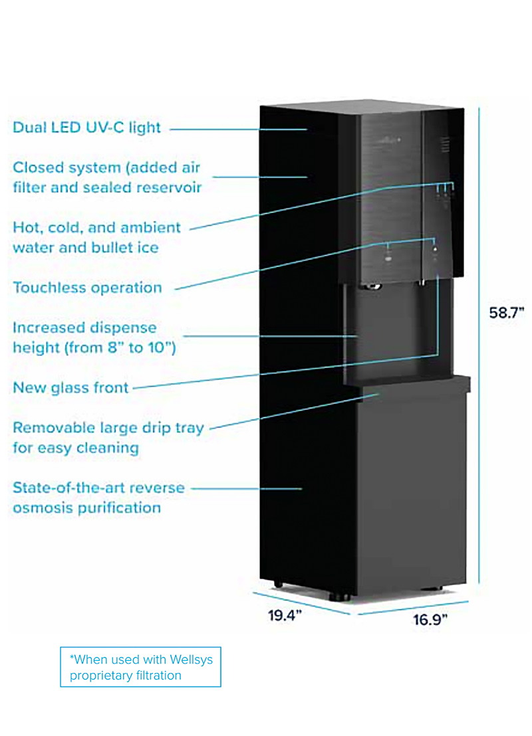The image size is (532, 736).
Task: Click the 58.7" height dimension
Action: [x=508, y=313]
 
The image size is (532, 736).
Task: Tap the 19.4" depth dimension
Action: [x=285, y=615]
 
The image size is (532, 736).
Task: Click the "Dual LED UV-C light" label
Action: [x=87, y=127]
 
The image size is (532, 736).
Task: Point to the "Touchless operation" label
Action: [x=87, y=288]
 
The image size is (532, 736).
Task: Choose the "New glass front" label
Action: [x=70, y=387]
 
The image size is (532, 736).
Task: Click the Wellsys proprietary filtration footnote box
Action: [x=140, y=667]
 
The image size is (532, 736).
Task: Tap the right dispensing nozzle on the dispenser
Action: [x=421, y=284]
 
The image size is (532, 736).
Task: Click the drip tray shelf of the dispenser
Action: [x=407, y=385]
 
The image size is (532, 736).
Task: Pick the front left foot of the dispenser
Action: [x=339, y=597]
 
